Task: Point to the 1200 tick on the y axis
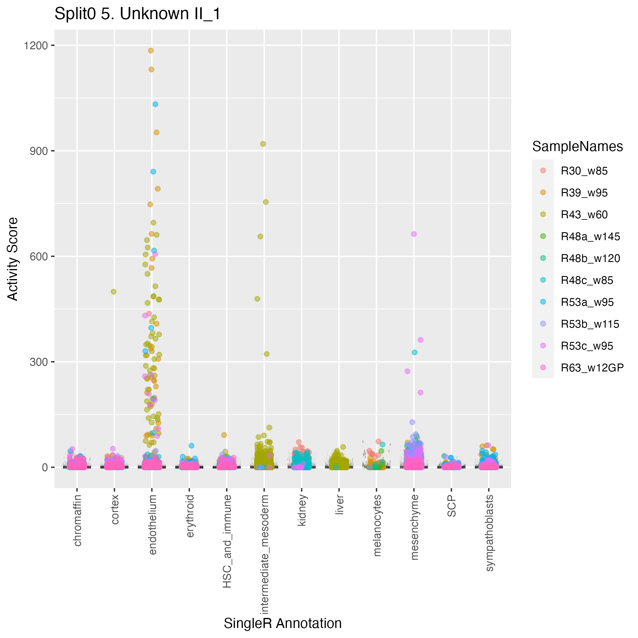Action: coord(36,46)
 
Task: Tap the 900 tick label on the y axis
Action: coord(39,151)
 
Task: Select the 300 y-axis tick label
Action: coord(39,362)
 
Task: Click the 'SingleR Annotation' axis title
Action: coord(283,623)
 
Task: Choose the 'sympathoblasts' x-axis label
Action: coord(489,533)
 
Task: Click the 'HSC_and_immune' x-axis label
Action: coord(227,542)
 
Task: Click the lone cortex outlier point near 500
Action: coord(114,291)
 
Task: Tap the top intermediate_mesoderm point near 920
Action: coord(263,144)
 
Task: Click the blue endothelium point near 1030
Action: coord(155,104)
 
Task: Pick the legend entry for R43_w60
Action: coord(584,215)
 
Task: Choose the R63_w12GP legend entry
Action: coord(592,368)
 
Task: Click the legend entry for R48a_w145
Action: coord(590,237)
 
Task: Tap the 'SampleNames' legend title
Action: coord(577,147)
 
